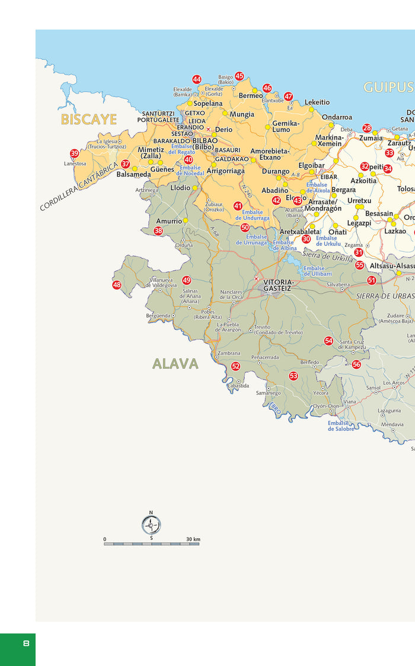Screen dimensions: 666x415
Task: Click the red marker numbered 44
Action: coord(197,79)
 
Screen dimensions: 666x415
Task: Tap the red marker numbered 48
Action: coord(117,285)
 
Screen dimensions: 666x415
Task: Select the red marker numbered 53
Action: coord(293,376)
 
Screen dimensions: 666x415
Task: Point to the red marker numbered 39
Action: coord(74,153)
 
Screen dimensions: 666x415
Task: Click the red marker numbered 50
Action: coord(245,227)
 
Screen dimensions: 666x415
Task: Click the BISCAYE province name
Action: coord(89,120)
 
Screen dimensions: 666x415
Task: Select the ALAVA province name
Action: coord(175,363)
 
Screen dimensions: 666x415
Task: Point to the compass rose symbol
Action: coord(151,525)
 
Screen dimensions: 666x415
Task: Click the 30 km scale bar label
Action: coord(193,539)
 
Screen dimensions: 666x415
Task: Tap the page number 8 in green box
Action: coord(26,644)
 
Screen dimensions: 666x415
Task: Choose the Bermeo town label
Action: coord(251,96)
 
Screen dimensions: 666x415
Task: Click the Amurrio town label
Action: coord(169,221)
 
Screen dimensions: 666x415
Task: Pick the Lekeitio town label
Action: coord(317,102)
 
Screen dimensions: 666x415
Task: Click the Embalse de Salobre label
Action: coord(340,426)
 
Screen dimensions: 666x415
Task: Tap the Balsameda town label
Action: coord(133,175)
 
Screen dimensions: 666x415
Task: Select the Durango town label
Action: coord(276,172)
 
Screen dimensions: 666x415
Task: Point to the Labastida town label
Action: coord(238,385)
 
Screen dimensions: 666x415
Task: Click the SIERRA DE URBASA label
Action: coord(385,295)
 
